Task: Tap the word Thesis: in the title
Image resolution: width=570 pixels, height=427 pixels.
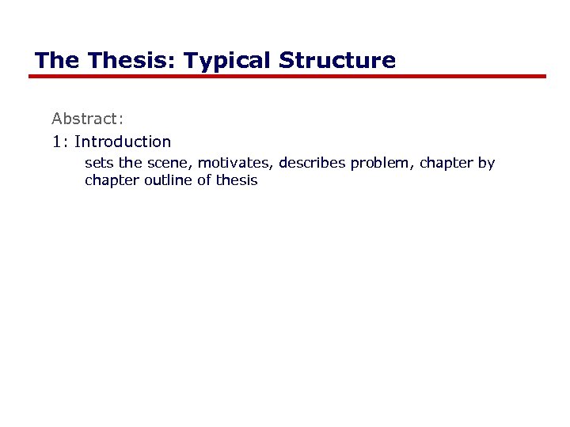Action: tap(126, 61)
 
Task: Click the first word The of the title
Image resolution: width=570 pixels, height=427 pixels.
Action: tap(57, 61)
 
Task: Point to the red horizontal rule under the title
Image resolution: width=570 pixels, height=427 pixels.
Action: tap(287, 77)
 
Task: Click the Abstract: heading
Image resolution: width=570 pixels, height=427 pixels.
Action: tap(88, 119)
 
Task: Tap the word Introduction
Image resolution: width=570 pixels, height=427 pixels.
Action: tap(123, 142)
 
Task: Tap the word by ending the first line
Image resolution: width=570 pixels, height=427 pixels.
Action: tap(486, 164)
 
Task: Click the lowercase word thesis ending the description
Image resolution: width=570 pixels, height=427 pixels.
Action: tap(237, 180)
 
